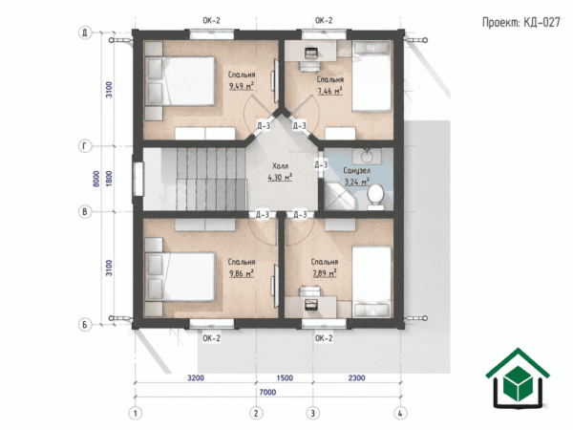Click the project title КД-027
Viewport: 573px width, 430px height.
[x=541, y=23]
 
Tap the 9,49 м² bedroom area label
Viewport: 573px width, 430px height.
[x=242, y=86]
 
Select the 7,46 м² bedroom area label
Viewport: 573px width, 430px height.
[x=329, y=91]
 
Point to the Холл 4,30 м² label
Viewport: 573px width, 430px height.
[x=280, y=172]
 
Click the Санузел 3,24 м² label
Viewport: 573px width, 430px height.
[x=356, y=176]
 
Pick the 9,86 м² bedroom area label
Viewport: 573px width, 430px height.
[x=242, y=273]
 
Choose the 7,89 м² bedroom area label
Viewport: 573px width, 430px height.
[x=325, y=273]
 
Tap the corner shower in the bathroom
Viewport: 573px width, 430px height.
[x=339, y=197]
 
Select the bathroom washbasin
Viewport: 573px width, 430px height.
[x=367, y=157]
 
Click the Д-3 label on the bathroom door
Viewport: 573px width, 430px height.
[x=321, y=165]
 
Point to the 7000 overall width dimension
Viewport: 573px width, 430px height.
[x=267, y=392]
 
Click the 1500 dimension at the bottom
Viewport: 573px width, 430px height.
[x=285, y=377]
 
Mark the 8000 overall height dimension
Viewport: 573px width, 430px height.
[x=96, y=179]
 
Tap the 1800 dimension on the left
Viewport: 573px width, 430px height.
[x=109, y=179]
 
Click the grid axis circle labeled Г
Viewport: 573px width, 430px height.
[x=85, y=146]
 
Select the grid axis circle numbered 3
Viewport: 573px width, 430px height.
[x=313, y=414]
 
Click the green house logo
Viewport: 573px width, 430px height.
[x=518, y=378]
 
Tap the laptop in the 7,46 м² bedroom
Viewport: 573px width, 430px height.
[x=310, y=53]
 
